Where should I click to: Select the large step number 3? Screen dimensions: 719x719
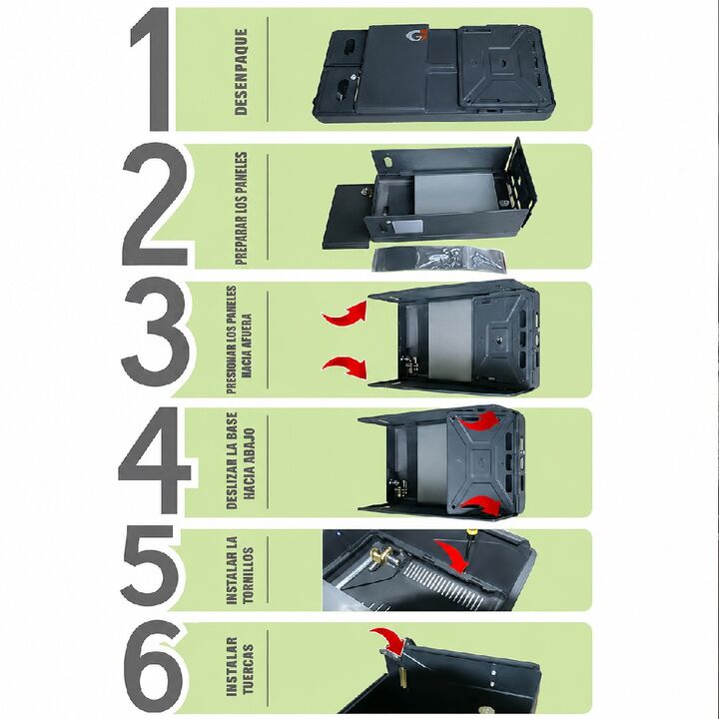coord(155,332)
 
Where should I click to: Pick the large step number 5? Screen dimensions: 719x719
coord(150,565)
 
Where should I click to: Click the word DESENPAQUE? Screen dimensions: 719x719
coord(241,72)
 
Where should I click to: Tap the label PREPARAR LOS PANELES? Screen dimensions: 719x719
coord(241,209)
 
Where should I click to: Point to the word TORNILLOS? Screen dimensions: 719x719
coord(248,575)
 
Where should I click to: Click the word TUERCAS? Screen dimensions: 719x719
coord(248,669)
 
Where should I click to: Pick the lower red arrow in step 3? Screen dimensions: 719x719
coord(346,367)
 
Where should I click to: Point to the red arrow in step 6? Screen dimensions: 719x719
coord(389,639)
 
